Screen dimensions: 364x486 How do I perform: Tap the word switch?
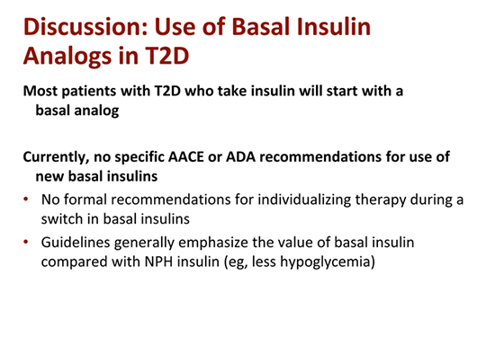tap(68, 218)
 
